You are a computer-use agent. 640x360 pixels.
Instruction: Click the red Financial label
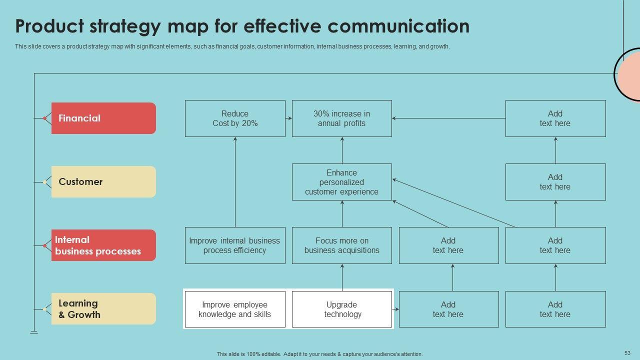(x=103, y=118)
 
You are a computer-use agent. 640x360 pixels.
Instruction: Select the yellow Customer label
(x=103, y=181)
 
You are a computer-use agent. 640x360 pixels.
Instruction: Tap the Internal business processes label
(x=103, y=245)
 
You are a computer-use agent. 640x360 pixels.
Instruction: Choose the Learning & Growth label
(x=103, y=308)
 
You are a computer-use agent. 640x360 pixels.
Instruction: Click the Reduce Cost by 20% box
(x=235, y=118)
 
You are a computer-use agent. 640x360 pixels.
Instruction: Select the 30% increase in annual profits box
(x=341, y=118)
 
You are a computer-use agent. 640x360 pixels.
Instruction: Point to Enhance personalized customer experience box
(x=341, y=182)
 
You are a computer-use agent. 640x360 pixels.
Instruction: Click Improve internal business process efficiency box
(x=235, y=245)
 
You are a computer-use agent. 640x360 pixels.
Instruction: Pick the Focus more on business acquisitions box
(x=341, y=245)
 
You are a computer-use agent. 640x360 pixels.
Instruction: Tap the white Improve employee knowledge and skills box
(x=235, y=309)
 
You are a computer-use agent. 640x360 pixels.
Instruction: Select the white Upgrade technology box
(x=341, y=309)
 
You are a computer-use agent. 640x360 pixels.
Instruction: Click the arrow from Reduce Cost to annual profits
(x=288, y=118)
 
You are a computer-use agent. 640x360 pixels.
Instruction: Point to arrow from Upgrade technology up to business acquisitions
(x=342, y=277)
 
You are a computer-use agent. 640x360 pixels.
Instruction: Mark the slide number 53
(x=627, y=352)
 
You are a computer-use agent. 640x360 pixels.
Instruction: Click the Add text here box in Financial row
(x=555, y=118)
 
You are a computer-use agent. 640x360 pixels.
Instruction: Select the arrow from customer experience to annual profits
(x=342, y=150)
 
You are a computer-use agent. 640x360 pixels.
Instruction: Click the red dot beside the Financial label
(x=45, y=118)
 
